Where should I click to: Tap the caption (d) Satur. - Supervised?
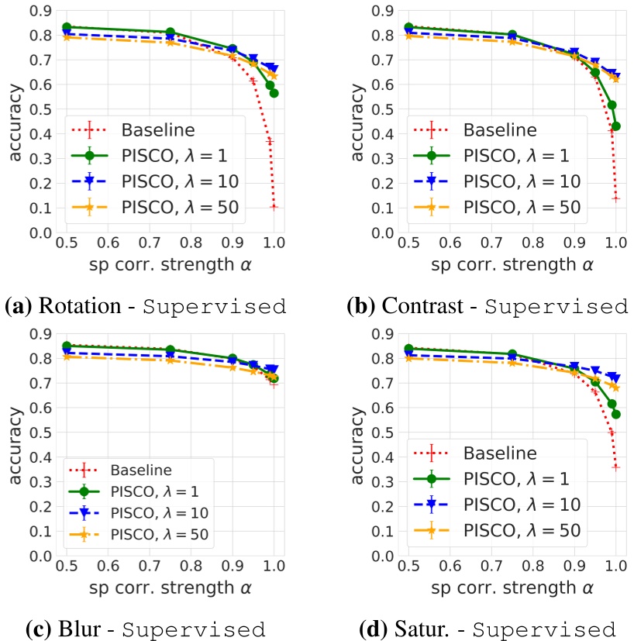click(x=487, y=628)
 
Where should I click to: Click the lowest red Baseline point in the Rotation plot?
click(x=274, y=207)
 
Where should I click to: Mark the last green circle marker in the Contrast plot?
click(x=616, y=126)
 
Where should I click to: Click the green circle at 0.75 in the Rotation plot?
click(x=171, y=33)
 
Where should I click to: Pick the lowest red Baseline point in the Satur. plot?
click(x=616, y=467)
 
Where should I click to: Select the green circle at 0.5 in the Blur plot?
click(x=67, y=346)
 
